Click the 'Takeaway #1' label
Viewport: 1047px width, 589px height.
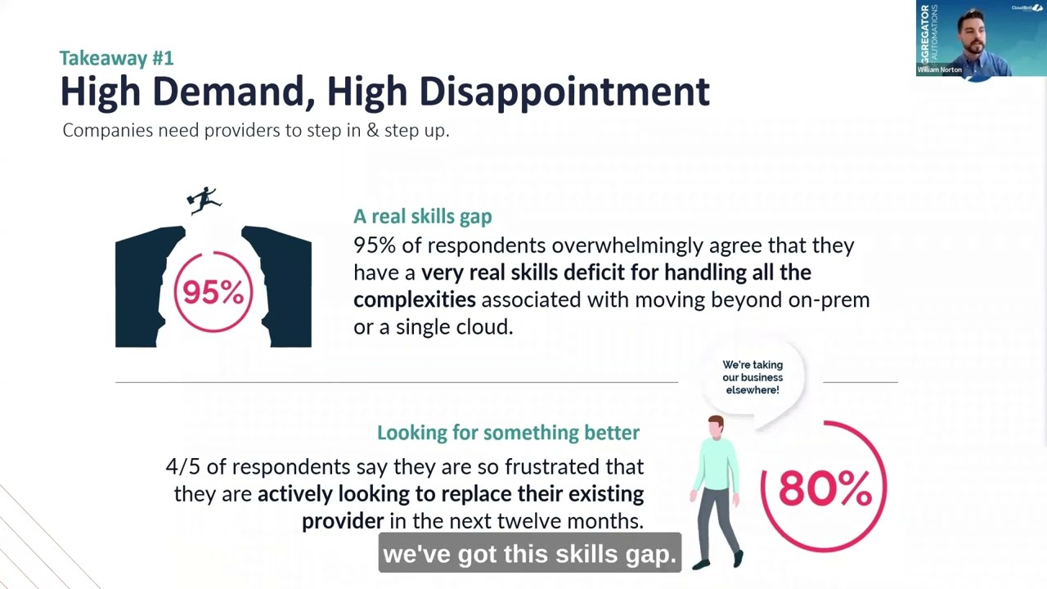coord(116,58)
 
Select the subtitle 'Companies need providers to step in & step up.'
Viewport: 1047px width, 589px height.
coord(255,131)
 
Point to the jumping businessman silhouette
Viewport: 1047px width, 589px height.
coord(204,200)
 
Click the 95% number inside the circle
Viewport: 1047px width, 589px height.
coord(213,292)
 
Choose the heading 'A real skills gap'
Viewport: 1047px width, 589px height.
coord(422,217)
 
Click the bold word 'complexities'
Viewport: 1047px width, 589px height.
coord(414,299)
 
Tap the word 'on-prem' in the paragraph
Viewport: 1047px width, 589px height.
coord(828,299)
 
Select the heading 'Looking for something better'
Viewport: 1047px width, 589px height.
coord(508,433)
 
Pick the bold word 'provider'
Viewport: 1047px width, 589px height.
coord(342,521)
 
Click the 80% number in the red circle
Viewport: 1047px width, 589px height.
coord(824,488)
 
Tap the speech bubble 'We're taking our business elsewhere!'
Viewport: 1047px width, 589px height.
coord(752,377)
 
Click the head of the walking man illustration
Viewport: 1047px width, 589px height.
coord(716,427)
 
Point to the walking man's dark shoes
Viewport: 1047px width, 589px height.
coord(720,560)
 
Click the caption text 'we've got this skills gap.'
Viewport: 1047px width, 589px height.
coord(530,554)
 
